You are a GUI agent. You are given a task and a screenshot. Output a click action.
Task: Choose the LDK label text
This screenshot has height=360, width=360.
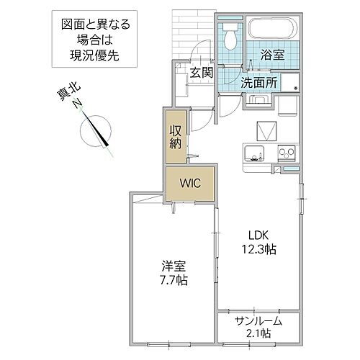260,235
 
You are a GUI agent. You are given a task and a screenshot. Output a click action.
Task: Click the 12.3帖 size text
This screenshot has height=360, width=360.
260,249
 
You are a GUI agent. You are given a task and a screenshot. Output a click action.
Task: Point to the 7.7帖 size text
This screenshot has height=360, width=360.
172,280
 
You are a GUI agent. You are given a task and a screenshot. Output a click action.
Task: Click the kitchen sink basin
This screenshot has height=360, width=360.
255,152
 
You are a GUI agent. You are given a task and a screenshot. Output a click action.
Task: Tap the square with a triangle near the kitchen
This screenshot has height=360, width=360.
266,131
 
